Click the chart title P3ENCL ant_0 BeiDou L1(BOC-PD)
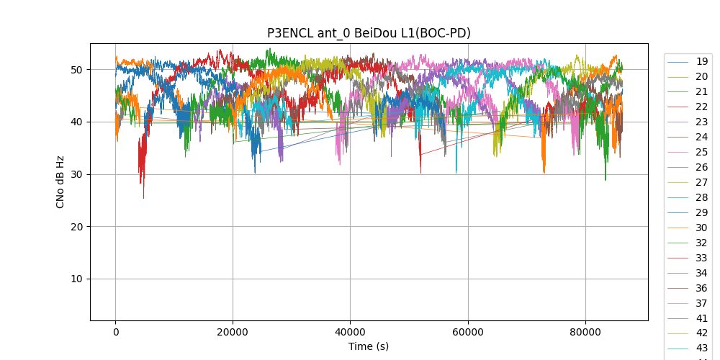(369, 33)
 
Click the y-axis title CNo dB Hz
(60, 181)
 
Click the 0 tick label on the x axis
(115, 332)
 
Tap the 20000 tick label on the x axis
(233, 332)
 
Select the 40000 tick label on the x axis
(350, 332)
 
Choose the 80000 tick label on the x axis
(585, 332)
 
